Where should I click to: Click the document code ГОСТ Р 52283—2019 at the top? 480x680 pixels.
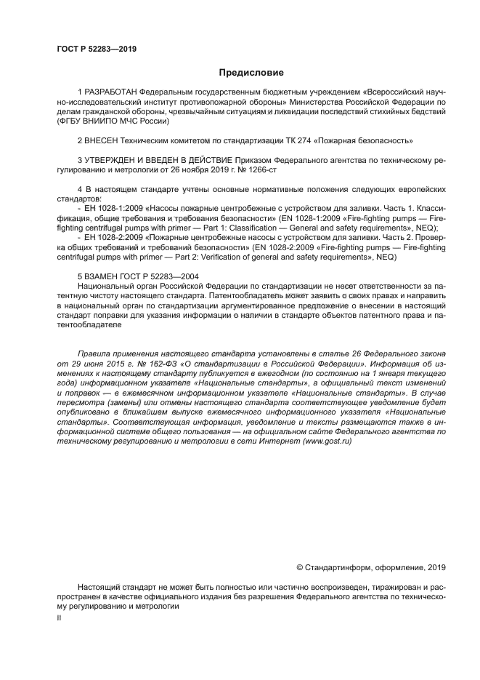pyautogui.click(x=97, y=49)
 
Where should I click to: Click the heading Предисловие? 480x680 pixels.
pyautogui.click(x=251, y=73)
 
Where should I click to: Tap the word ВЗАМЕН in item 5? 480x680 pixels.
pyautogui.click(x=101, y=276)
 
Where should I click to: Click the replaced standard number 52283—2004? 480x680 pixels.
pyautogui.click(x=164, y=276)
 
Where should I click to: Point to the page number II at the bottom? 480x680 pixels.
pyautogui.click(x=59, y=617)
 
